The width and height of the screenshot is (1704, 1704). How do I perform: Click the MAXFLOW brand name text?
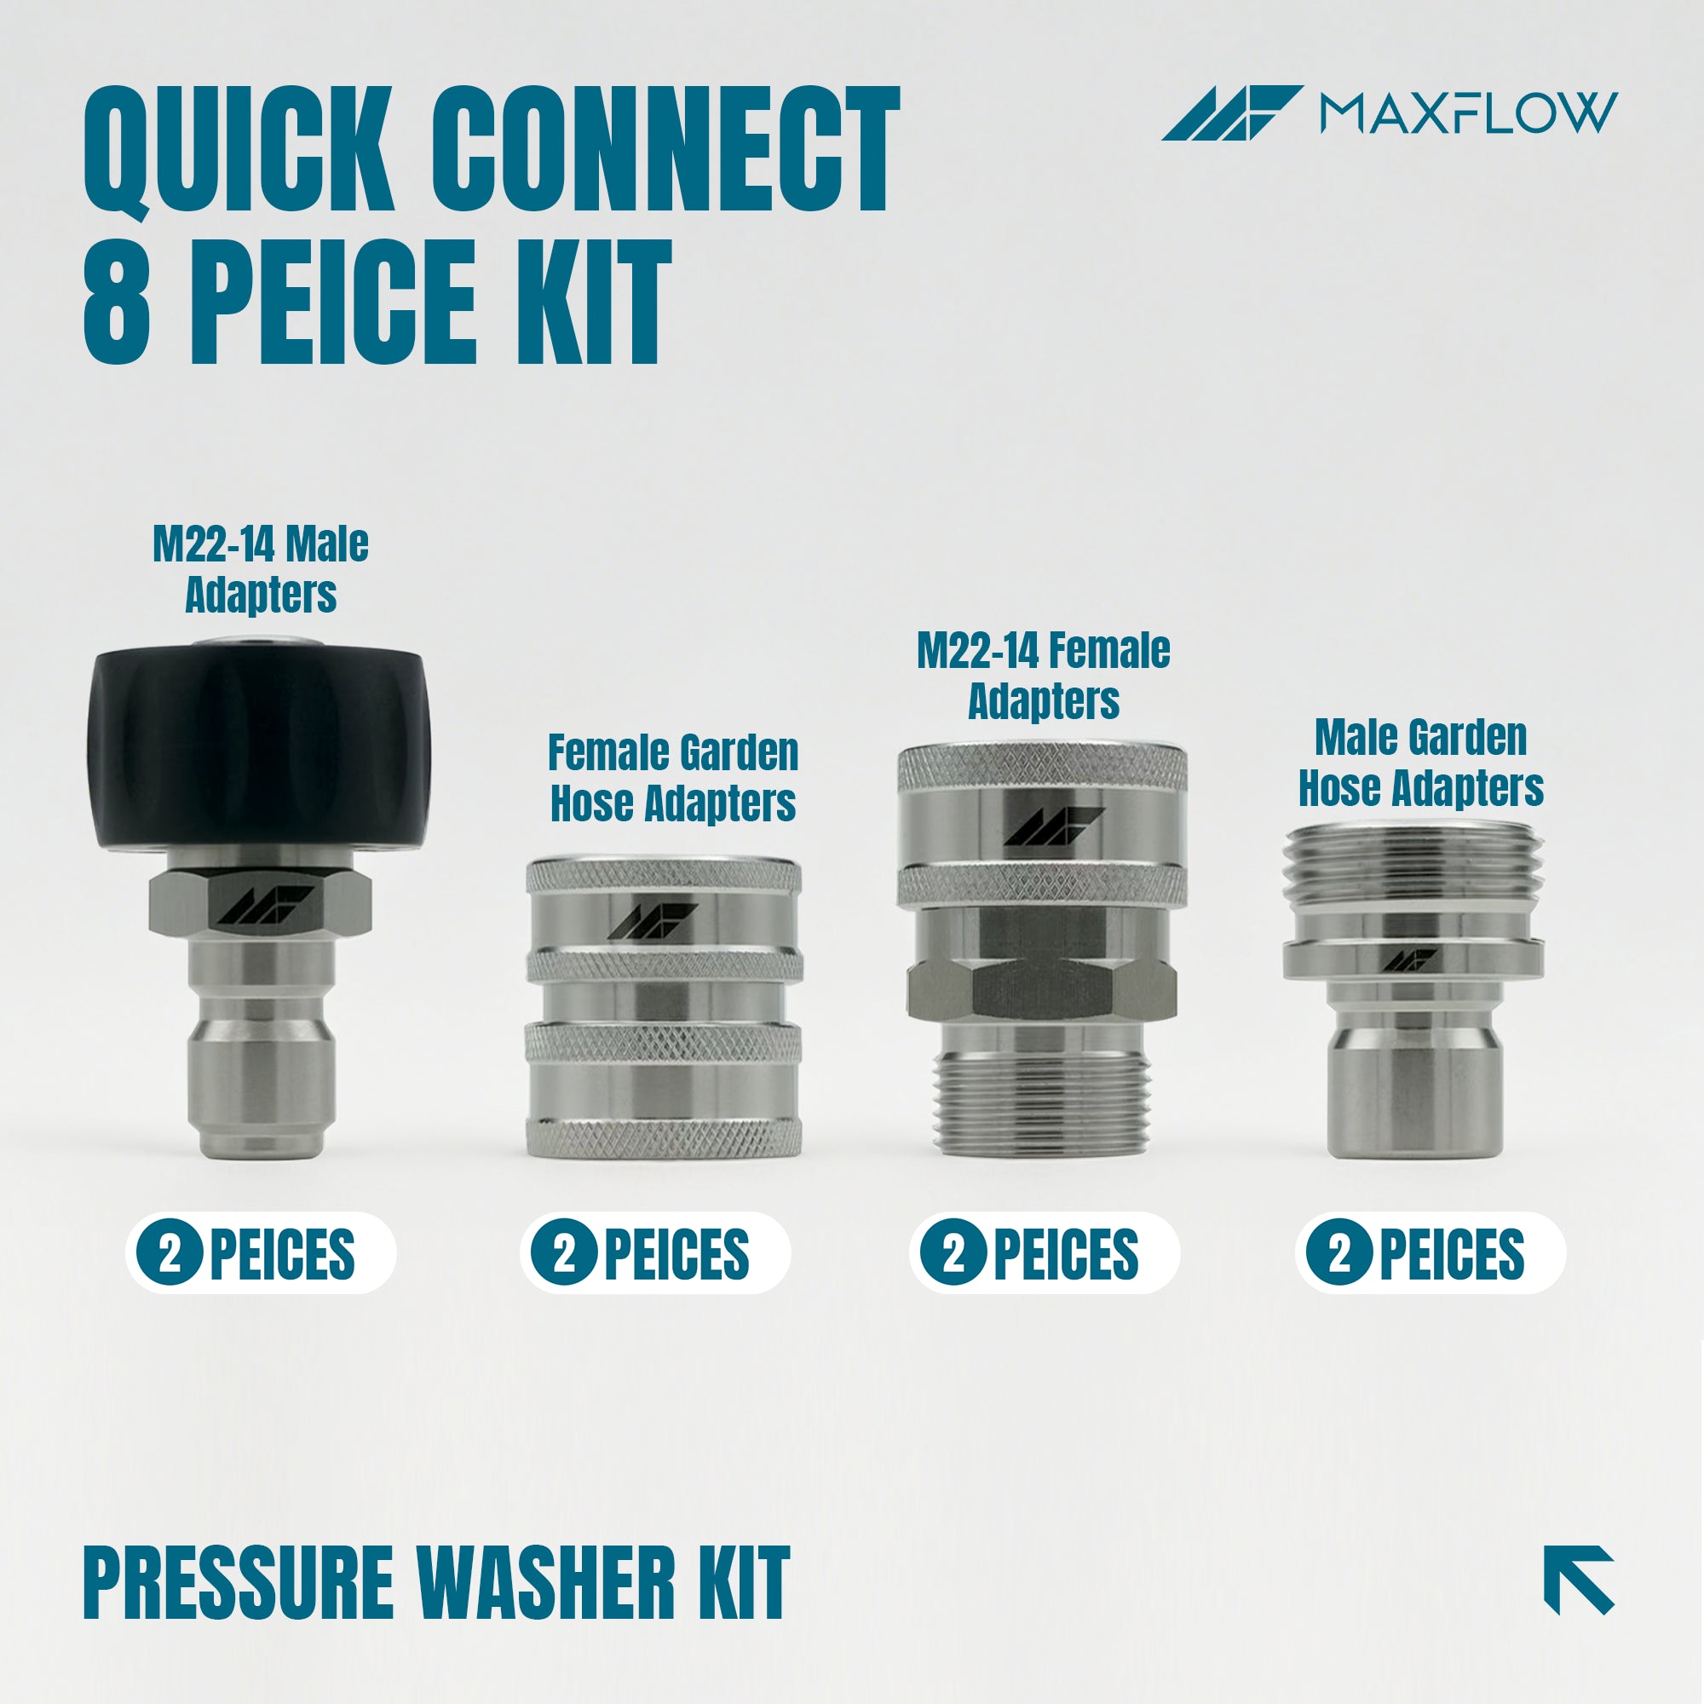click(1469, 113)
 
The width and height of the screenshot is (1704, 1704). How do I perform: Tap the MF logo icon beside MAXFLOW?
click(1231, 113)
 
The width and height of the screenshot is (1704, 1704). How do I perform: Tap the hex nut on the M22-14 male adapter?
click(259, 905)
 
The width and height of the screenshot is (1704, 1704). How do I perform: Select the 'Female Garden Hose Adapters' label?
click(673, 778)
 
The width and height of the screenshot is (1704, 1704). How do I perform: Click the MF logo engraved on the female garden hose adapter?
click(653, 921)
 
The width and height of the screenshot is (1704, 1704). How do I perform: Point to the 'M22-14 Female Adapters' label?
click(1044, 676)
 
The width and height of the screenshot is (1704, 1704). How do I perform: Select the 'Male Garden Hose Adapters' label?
click(1421, 762)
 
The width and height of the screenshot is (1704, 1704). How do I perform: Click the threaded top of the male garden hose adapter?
click(1413, 868)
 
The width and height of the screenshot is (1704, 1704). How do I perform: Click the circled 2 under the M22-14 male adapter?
click(170, 1252)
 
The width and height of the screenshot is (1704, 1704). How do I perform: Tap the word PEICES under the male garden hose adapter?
click(1452, 1253)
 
